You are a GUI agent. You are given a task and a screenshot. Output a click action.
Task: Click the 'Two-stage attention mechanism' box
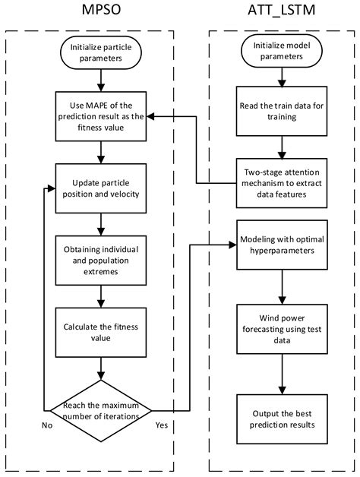point(283,178)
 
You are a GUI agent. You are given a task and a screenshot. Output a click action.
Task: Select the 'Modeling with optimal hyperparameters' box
point(283,245)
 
